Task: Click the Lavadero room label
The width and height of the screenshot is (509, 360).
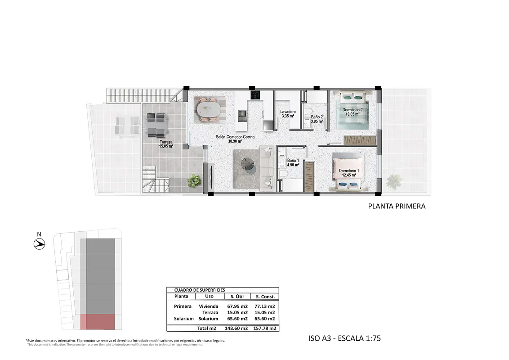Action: tap(288, 114)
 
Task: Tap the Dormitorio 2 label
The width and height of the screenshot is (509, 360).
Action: tap(352, 112)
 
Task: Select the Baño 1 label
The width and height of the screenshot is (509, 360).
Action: tap(293, 162)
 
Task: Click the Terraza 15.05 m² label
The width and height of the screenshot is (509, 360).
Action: tap(166, 144)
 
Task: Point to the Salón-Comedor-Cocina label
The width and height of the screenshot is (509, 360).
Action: tap(235, 139)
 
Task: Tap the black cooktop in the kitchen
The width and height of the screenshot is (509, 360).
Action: tap(255, 95)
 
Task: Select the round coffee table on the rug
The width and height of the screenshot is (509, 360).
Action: tap(249, 164)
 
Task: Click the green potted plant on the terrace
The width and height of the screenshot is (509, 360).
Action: tap(194, 180)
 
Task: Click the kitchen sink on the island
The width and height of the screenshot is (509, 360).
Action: tap(242, 115)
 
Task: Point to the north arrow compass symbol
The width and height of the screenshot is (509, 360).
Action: tap(39, 244)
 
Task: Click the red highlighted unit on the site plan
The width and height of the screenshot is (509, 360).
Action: tap(98, 322)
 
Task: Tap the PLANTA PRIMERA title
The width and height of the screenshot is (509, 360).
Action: tap(397, 206)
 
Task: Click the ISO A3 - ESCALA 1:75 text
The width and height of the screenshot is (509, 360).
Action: tap(344, 338)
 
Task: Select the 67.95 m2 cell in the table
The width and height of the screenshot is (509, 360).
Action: tap(237, 306)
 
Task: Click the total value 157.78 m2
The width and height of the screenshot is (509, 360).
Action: tap(264, 328)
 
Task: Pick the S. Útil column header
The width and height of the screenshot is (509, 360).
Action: tap(237, 296)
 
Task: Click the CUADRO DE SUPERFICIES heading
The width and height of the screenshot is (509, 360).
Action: tap(200, 290)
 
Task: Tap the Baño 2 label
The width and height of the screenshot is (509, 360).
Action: tap(317, 119)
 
